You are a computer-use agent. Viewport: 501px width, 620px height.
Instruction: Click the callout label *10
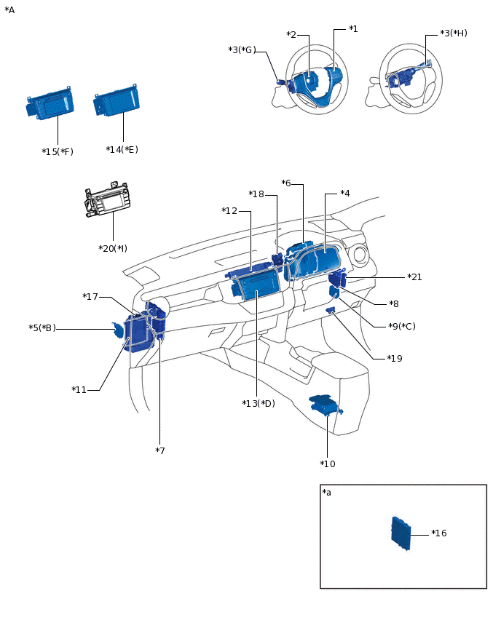point(328,464)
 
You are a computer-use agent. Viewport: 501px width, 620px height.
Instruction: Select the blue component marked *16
point(399,533)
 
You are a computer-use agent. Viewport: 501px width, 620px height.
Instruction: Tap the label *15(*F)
point(58,151)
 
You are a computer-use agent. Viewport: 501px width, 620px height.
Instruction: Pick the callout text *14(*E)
point(122,149)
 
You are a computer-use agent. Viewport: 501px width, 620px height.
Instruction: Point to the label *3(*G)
point(242,49)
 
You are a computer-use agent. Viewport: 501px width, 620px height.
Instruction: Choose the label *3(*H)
point(453,33)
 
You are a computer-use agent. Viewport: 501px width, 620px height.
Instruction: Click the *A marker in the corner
point(9,10)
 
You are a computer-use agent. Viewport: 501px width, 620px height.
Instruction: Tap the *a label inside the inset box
point(326,493)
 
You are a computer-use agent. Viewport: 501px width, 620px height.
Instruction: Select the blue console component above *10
point(324,405)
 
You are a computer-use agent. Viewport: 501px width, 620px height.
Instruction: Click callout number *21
point(414,277)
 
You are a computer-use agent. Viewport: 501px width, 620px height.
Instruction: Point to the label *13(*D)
point(259,403)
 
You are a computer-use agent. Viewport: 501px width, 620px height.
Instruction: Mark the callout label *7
point(160,451)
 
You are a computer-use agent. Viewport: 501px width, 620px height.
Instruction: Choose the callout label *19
point(394,359)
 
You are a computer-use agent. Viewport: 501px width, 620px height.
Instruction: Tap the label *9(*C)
point(401,326)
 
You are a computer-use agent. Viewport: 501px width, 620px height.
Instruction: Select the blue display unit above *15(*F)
point(50,106)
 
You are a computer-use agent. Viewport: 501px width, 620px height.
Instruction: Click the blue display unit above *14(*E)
point(117,103)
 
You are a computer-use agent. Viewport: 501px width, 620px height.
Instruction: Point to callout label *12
point(229,211)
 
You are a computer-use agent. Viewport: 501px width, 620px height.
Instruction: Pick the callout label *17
point(90,297)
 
